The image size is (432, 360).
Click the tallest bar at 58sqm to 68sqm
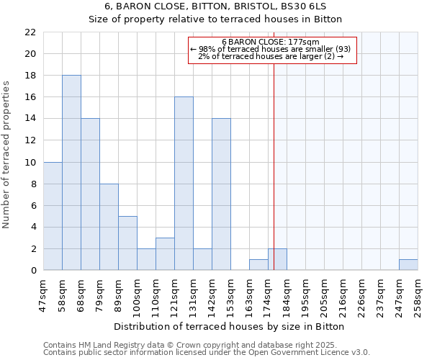coord(71,173)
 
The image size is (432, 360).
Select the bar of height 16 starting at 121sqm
coord(184,184)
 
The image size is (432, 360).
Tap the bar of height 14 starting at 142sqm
coord(221,194)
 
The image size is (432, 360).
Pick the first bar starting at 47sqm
coord(53,216)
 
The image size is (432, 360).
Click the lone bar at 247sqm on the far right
coord(408,265)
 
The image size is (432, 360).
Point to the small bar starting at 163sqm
coord(258,265)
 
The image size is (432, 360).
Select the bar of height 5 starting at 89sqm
coord(127,243)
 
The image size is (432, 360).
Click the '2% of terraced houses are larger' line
coord(270,57)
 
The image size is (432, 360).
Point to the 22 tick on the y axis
coord(30,32)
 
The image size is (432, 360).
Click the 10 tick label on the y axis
coord(30,163)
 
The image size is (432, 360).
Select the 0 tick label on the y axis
coord(33,271)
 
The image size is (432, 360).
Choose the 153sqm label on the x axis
coord(231,294)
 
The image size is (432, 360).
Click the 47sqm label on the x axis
coord(44,294)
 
